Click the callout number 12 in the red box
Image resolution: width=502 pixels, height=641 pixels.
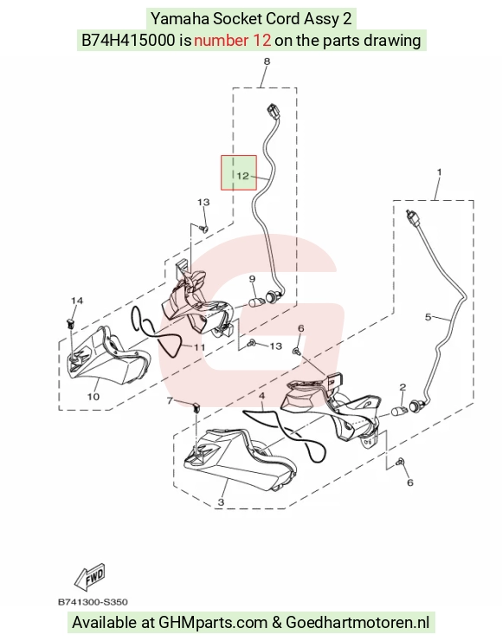(242, 176)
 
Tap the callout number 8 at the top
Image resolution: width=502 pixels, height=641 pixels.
(267, 62)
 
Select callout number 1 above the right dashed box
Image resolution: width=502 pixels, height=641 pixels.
(439, 172)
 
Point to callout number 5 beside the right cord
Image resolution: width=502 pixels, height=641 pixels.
(428, 317)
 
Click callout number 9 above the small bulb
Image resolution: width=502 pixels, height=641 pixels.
(252, 279)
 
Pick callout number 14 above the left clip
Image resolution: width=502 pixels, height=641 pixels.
(77, 301)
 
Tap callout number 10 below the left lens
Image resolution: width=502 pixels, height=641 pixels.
(93, 396)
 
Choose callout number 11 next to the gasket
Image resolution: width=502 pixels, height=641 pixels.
(199, 347)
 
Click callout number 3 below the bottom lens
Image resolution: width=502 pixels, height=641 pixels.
(221, 502)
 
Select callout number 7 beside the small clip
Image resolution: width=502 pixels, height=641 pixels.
(171, 401)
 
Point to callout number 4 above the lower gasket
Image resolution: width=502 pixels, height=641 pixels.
(262, 396)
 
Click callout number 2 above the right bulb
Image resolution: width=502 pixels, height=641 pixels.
(402, 386)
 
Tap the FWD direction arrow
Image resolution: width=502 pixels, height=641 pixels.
(90, 577)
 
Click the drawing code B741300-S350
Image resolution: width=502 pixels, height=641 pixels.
(93, 602)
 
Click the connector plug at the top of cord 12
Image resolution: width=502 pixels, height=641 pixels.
(274, 110)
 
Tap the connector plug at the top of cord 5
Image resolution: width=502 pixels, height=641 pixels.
(413, 218)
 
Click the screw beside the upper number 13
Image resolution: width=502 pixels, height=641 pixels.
(204, 229)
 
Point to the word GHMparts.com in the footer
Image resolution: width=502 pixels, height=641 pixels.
(212, 623)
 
